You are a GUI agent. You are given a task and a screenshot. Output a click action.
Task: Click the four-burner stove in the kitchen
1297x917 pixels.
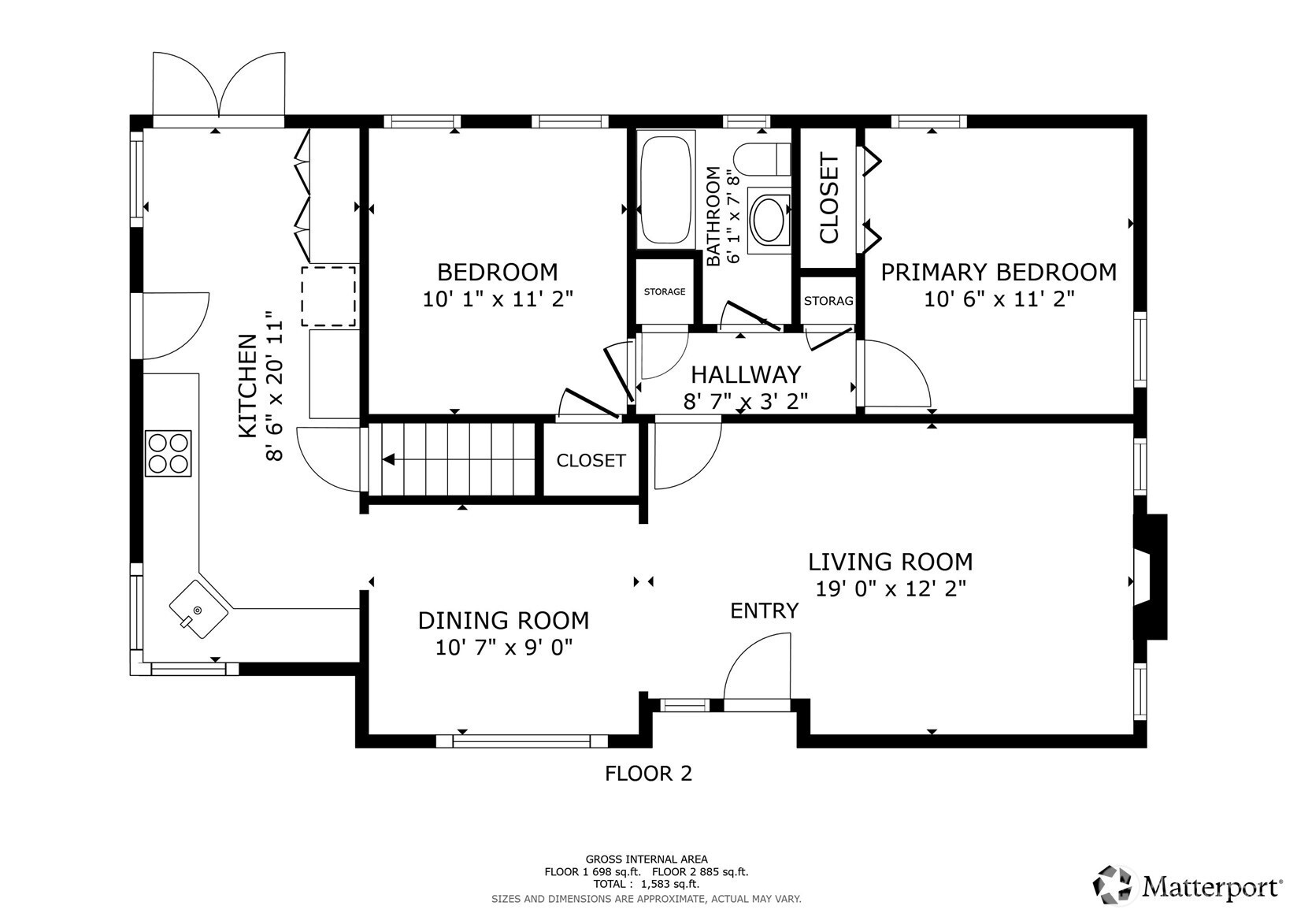(x=168, y=454)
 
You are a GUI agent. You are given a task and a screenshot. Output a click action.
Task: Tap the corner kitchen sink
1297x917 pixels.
(x=198, y=610)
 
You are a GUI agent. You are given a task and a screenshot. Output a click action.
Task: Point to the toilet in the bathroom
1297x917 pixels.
(x=762, y=159)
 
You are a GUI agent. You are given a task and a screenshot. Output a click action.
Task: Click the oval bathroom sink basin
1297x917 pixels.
(x=769, y=221)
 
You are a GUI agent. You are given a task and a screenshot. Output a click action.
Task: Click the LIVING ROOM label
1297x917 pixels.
(x=891, y=562)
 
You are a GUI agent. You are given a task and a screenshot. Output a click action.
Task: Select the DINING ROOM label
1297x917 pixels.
(x=504, y=621)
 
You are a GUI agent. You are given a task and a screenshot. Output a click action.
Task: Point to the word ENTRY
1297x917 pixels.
(x=765, y=611)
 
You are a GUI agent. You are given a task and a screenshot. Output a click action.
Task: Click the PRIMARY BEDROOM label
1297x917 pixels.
(x=999, y=273)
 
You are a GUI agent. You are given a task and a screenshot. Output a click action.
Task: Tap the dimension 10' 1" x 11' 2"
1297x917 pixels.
(x=498, y=299)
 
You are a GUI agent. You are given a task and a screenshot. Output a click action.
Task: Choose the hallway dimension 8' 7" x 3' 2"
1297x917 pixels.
(x=746, y=401)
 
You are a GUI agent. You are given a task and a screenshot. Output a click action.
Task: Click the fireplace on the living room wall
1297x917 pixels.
(x=1150, y=577)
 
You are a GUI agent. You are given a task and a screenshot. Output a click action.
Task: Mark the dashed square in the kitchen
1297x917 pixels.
(x=328, y=296)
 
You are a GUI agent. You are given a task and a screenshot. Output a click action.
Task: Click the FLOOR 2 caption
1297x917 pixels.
(x=649, y=774)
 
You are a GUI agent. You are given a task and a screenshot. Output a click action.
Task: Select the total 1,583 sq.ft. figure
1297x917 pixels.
(x=669, y=885)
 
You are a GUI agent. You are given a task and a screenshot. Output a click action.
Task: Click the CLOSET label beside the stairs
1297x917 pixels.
(x=591, y=461)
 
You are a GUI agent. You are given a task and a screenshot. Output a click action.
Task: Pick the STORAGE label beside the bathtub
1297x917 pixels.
(x=665, y=291)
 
